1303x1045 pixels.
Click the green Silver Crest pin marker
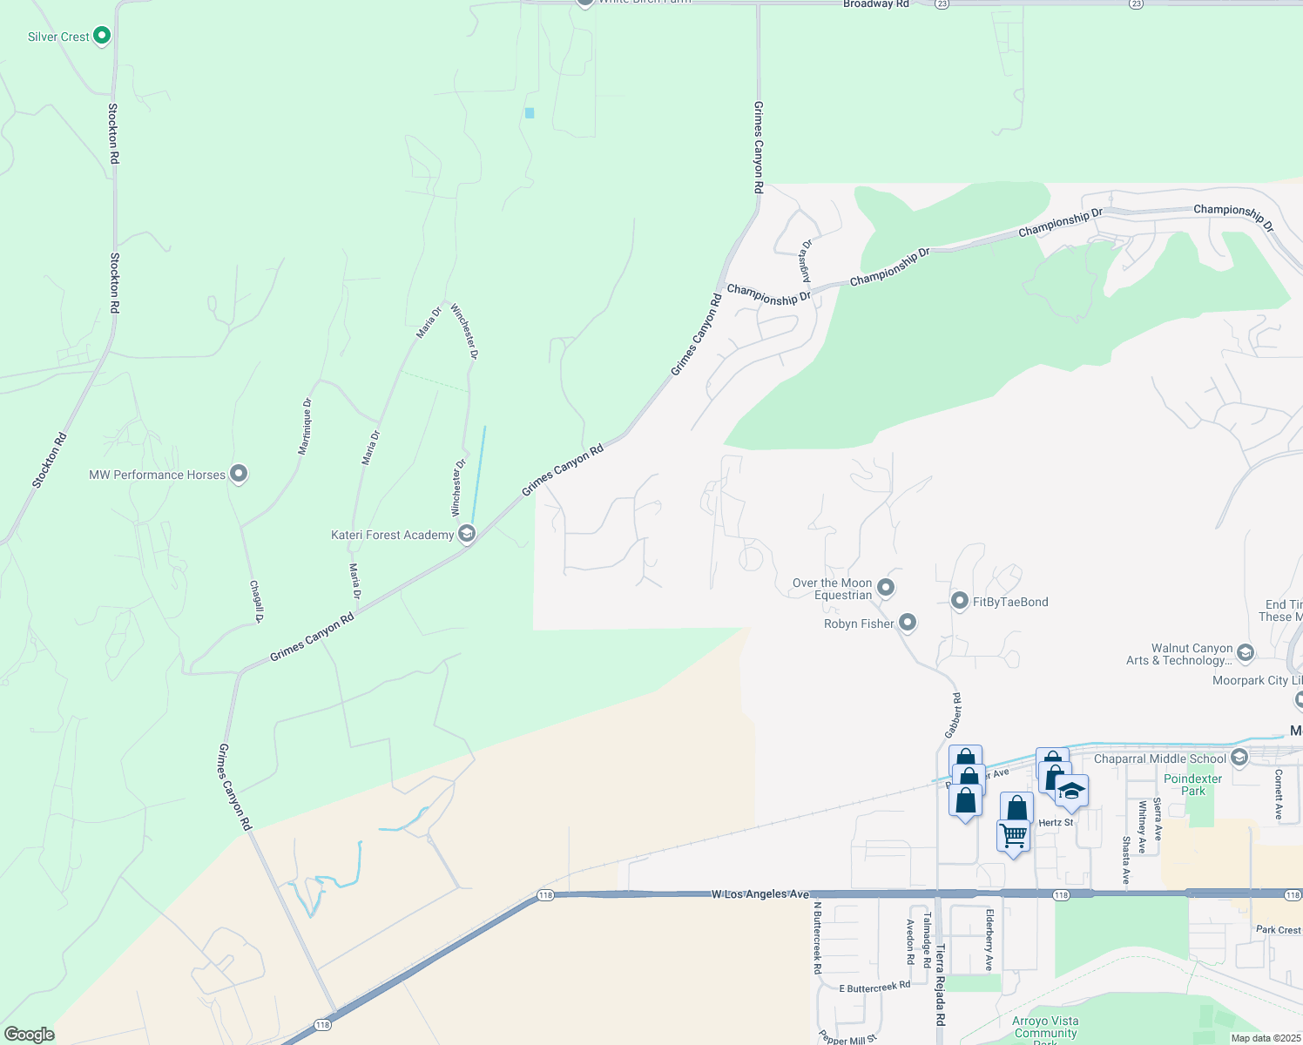102,36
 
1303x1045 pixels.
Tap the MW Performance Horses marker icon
239,474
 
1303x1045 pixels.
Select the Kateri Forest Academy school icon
466,533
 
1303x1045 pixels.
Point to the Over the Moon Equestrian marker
886,588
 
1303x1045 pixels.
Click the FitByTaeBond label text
1010,602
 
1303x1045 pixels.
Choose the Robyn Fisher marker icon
907,623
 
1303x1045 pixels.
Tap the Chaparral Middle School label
1159,758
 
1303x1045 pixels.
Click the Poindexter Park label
1192,785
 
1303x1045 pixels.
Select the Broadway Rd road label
875,4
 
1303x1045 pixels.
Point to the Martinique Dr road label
305,427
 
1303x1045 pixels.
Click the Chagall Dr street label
256,601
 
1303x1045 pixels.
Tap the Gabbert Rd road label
955,715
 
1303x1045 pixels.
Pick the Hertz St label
1056,822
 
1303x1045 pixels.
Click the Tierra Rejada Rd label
940,983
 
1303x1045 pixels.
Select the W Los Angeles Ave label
760,894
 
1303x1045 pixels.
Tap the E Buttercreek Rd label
874,988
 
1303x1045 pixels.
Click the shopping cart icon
1014,835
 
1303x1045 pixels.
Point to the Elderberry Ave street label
989,940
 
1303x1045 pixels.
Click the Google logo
29,1034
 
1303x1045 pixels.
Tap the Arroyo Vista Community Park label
1045,1028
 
